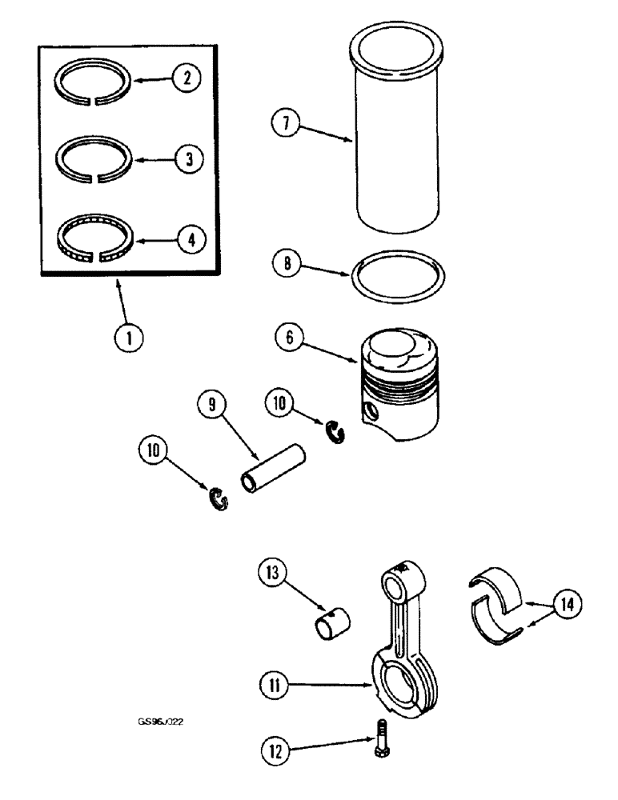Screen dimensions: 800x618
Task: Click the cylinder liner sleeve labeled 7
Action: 398,136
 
